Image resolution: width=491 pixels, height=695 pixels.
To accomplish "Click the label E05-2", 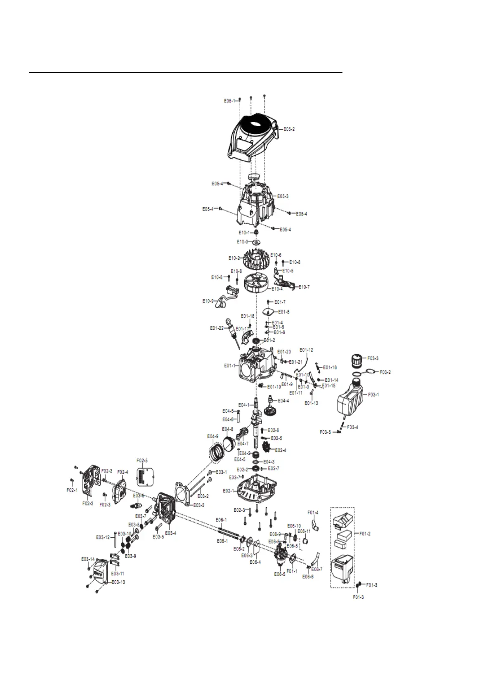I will pos(289,129).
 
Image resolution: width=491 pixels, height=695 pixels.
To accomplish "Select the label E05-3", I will pos(283,196).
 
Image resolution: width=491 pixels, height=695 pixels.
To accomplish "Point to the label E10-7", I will pos(304,287).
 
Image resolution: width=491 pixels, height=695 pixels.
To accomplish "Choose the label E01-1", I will pos(230,366).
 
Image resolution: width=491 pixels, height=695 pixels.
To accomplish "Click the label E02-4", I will pos(280,450).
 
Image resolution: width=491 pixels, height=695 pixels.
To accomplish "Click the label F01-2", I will pos(365,534).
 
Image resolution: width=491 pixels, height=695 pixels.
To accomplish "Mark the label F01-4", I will pos(313,513).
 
